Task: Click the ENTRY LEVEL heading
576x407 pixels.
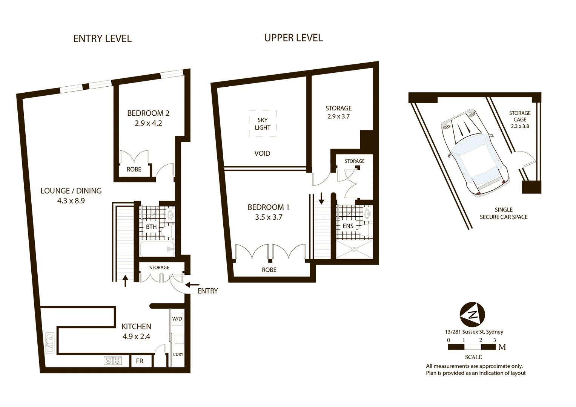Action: coord(102,38)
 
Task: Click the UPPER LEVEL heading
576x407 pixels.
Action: coord(293,38)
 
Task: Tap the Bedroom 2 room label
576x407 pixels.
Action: coord(148,113)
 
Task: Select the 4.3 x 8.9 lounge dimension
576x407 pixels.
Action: coord(71,201)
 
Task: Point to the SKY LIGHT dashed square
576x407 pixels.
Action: coord(263,124)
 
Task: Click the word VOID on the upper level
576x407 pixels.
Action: coord(262,153)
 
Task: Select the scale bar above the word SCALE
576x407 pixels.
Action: coord(472,347)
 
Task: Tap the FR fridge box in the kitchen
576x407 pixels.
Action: coord(140,361)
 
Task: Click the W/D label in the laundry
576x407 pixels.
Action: coord(177,319)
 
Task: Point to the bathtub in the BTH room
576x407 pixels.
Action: coord(157,249)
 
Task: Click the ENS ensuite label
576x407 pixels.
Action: coord(348,226)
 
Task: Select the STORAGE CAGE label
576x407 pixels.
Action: coord(519,116)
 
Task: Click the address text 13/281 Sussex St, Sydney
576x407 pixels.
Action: coord(474,332)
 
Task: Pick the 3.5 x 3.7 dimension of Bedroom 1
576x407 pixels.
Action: coord(268,217)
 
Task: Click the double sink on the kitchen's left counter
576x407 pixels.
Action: coord(49,343)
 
